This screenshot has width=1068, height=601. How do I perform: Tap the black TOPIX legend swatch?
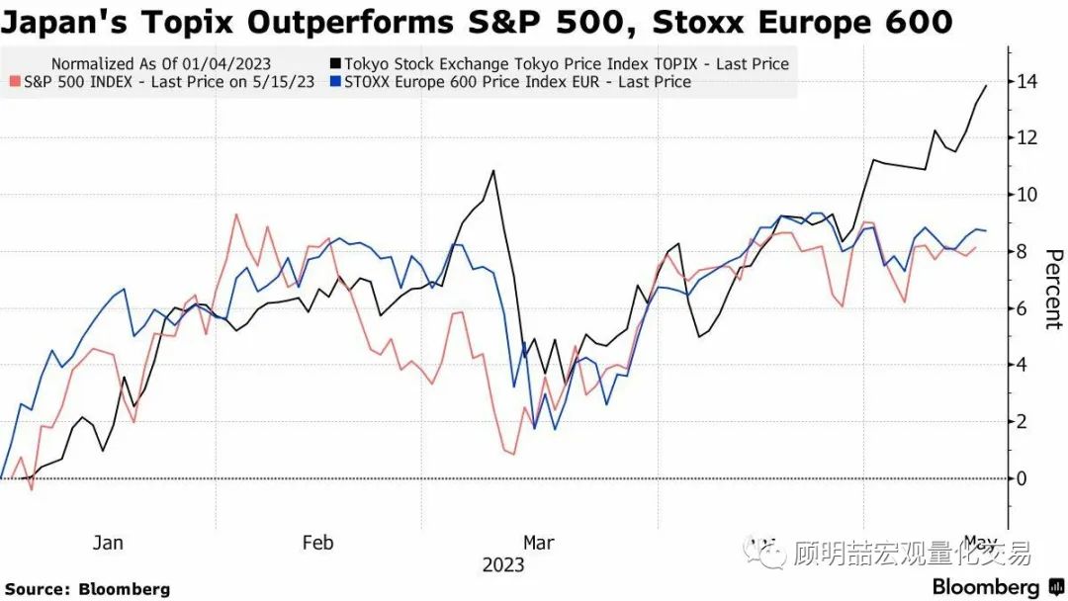336,64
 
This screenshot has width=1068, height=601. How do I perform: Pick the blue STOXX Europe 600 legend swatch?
336,82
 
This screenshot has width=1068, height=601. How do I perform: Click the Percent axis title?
1052,288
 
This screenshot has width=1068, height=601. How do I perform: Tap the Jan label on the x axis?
108,543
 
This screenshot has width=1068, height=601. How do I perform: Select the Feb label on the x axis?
317,543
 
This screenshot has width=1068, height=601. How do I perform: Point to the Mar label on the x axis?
538,543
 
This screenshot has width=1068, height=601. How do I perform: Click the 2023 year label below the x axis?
503,565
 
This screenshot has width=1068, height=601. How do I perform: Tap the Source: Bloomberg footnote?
88,589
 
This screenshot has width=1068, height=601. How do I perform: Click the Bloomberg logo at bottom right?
986,587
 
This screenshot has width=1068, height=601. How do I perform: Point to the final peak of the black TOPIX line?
986,86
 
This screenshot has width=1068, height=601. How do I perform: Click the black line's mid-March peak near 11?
493,171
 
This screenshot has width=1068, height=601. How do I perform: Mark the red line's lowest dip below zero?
31,488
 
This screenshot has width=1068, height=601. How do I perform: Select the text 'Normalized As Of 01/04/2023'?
160,64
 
